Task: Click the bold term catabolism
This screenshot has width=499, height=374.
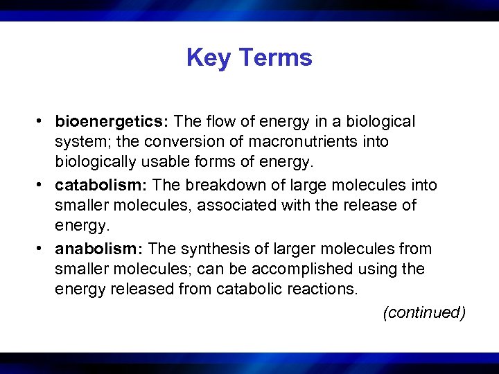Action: tap(100, 186)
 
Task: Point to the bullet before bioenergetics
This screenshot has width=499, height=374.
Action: tap(42, 122)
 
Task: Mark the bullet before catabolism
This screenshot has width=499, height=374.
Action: tap(42, 186)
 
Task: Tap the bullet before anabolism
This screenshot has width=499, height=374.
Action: tap(42, 249)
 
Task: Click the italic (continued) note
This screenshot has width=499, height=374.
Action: tap(424, 313)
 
